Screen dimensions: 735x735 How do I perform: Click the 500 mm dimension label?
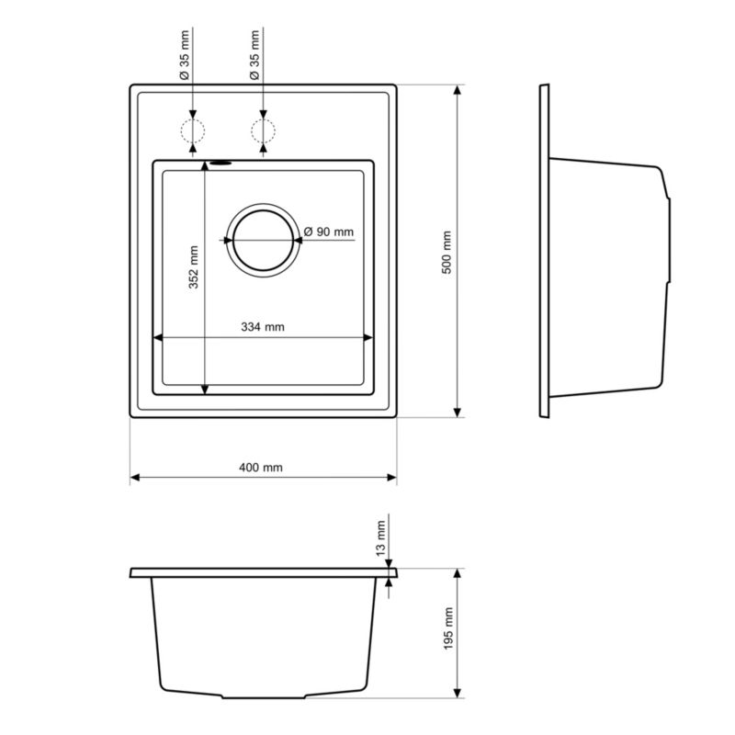pos(447,252)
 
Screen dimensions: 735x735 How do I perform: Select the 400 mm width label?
pos(261,468)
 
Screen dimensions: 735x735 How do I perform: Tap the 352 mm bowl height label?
pos(194,267)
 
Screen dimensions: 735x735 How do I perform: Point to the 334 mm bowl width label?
pos(263,327)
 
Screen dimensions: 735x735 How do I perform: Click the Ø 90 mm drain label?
pos(329,232)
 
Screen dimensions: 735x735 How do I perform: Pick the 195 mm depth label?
pos(448,628)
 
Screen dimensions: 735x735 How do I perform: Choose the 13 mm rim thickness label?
pos(380,538)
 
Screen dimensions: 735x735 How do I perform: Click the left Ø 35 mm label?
pos(185,55)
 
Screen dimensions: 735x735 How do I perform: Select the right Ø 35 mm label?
pos(254,55)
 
